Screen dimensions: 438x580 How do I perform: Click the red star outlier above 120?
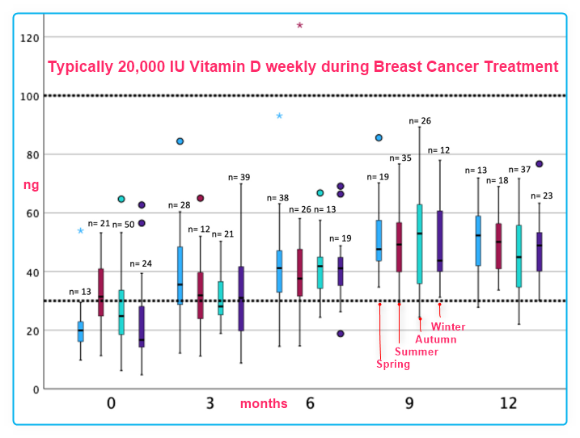[x=299, y=25]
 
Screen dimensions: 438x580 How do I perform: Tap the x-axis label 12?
[x=508, y=402]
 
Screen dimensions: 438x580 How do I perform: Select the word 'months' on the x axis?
[x=264, y=403]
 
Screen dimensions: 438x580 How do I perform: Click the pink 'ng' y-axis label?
[x=31, y=185]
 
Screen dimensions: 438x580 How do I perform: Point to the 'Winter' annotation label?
[x=448, y=326]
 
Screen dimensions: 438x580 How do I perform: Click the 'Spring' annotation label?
[x=393, y=364]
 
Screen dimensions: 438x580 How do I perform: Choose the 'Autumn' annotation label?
[x=436, y=339]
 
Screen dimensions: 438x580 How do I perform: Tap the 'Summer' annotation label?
[x=417, y=352]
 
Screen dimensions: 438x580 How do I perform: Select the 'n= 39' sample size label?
[x=239, y=177]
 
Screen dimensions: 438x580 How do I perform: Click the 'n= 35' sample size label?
[x=400, y=158]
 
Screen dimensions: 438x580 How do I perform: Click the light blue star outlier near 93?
[x=279, y=116]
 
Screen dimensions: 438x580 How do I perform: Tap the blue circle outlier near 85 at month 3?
[x=180, y=141]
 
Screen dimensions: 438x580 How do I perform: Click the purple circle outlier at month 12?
[x=539, y=164]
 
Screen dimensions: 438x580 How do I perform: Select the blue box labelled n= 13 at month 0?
[x=80, y=331]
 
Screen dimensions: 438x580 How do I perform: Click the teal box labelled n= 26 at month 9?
[x=419, y=243]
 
